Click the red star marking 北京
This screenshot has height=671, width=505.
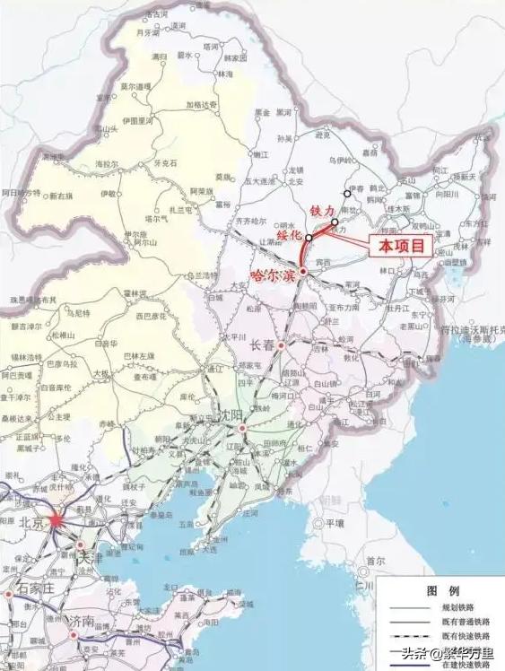(57, 519)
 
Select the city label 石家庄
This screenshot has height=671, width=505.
(34, 588)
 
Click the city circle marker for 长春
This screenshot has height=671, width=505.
(283, 345)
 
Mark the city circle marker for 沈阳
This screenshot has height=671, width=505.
(241, 428)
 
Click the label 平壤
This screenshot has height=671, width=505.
(335, 522)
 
